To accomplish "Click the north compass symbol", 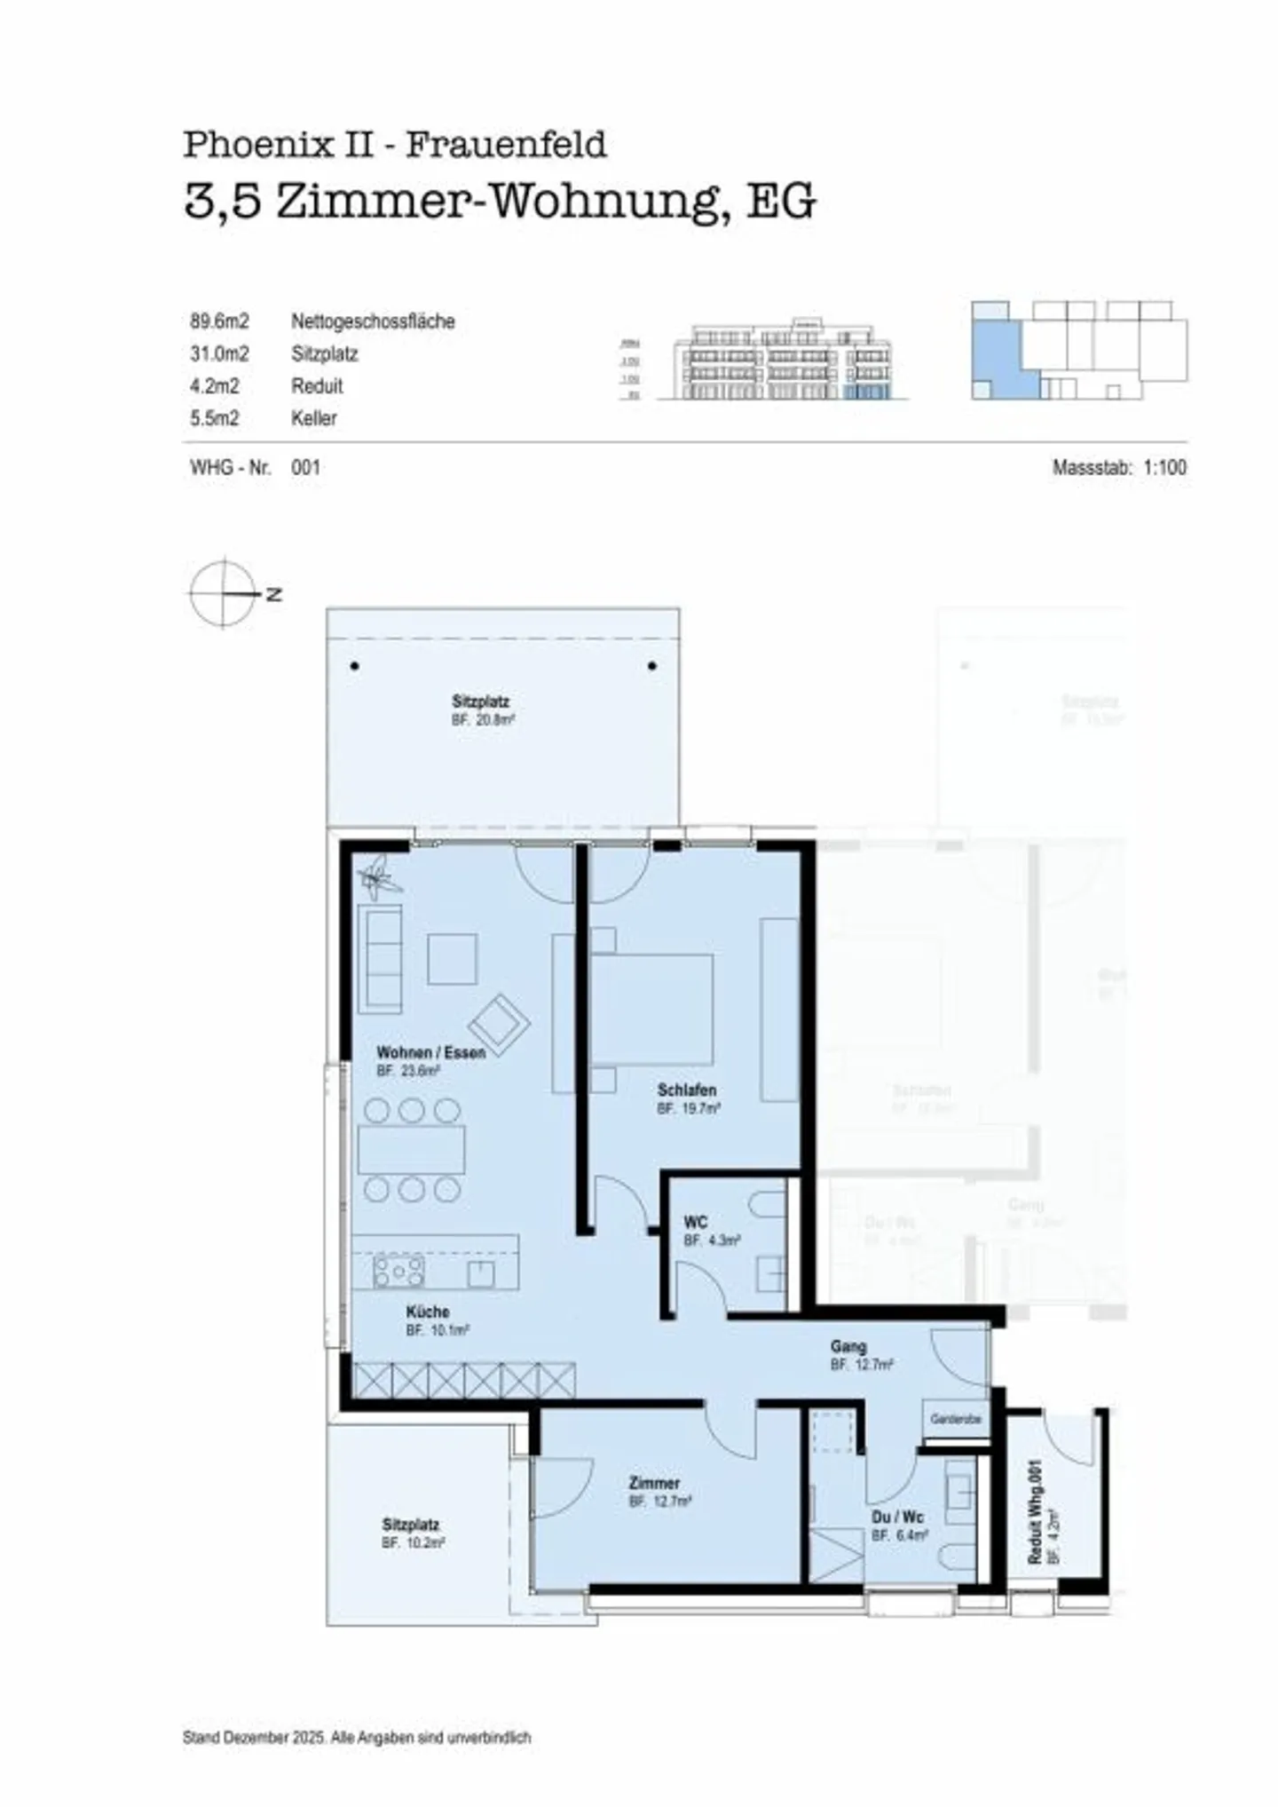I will point(225,592).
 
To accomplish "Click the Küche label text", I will point(428,1312).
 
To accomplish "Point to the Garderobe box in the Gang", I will point(956,1419).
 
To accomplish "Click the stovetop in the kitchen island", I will point(398,1272).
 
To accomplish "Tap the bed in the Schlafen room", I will point(652,1009).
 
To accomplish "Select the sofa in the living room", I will point(380,959).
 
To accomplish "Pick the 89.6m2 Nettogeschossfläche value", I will point(219,321).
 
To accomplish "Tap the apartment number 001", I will point(305,467).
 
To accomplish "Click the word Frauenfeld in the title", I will point(506,144).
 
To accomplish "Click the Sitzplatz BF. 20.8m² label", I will point(481,710).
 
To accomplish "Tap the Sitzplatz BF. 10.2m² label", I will point(413,1534).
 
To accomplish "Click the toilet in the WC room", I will point(769,1205).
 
